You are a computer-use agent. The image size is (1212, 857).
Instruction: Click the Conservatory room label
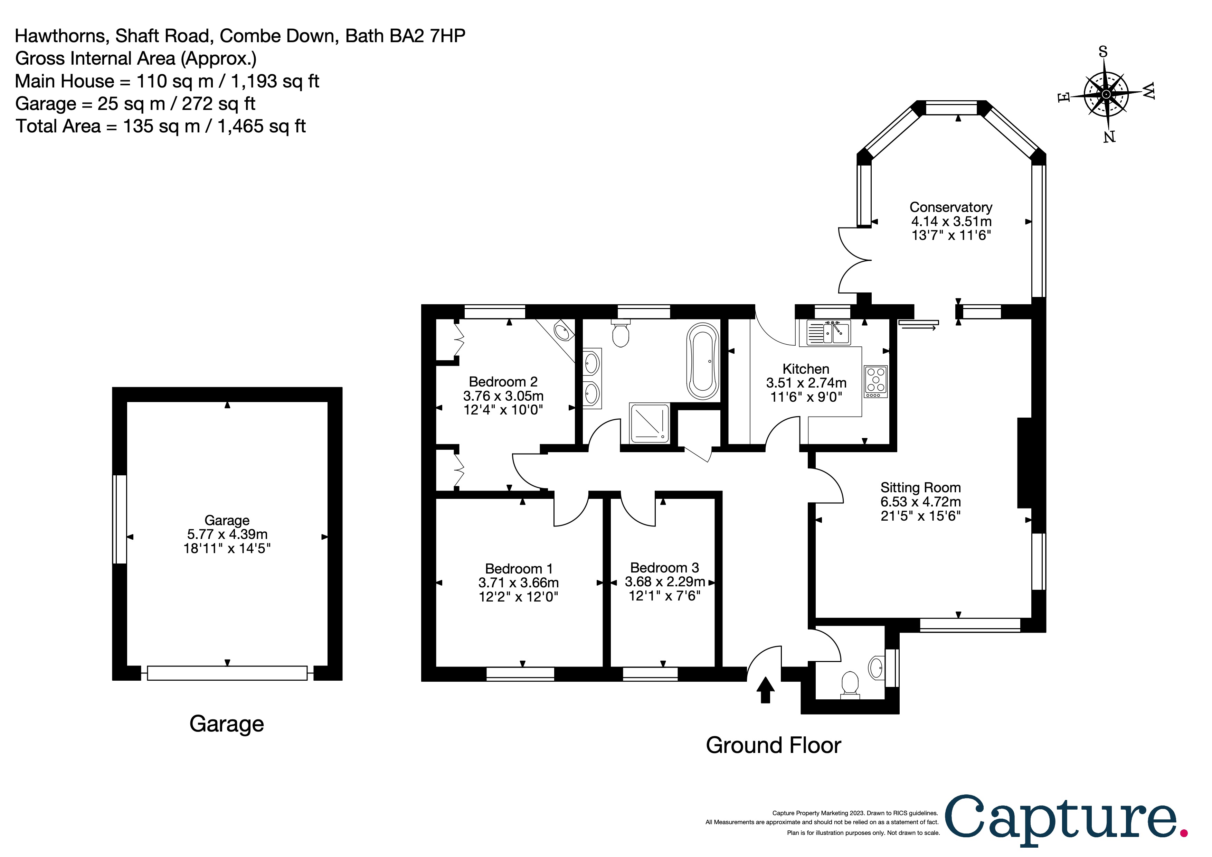point(951,207)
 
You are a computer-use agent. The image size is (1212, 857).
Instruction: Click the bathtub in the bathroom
point(703,361)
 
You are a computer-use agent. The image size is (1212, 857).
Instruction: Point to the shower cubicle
point(649,423)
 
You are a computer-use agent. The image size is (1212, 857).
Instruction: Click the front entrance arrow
point(765,690)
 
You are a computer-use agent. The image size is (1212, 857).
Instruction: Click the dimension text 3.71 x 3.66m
point(518,583)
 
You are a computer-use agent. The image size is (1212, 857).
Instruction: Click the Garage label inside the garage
point(227,520)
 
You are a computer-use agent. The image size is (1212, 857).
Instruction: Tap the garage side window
point(120,519)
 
